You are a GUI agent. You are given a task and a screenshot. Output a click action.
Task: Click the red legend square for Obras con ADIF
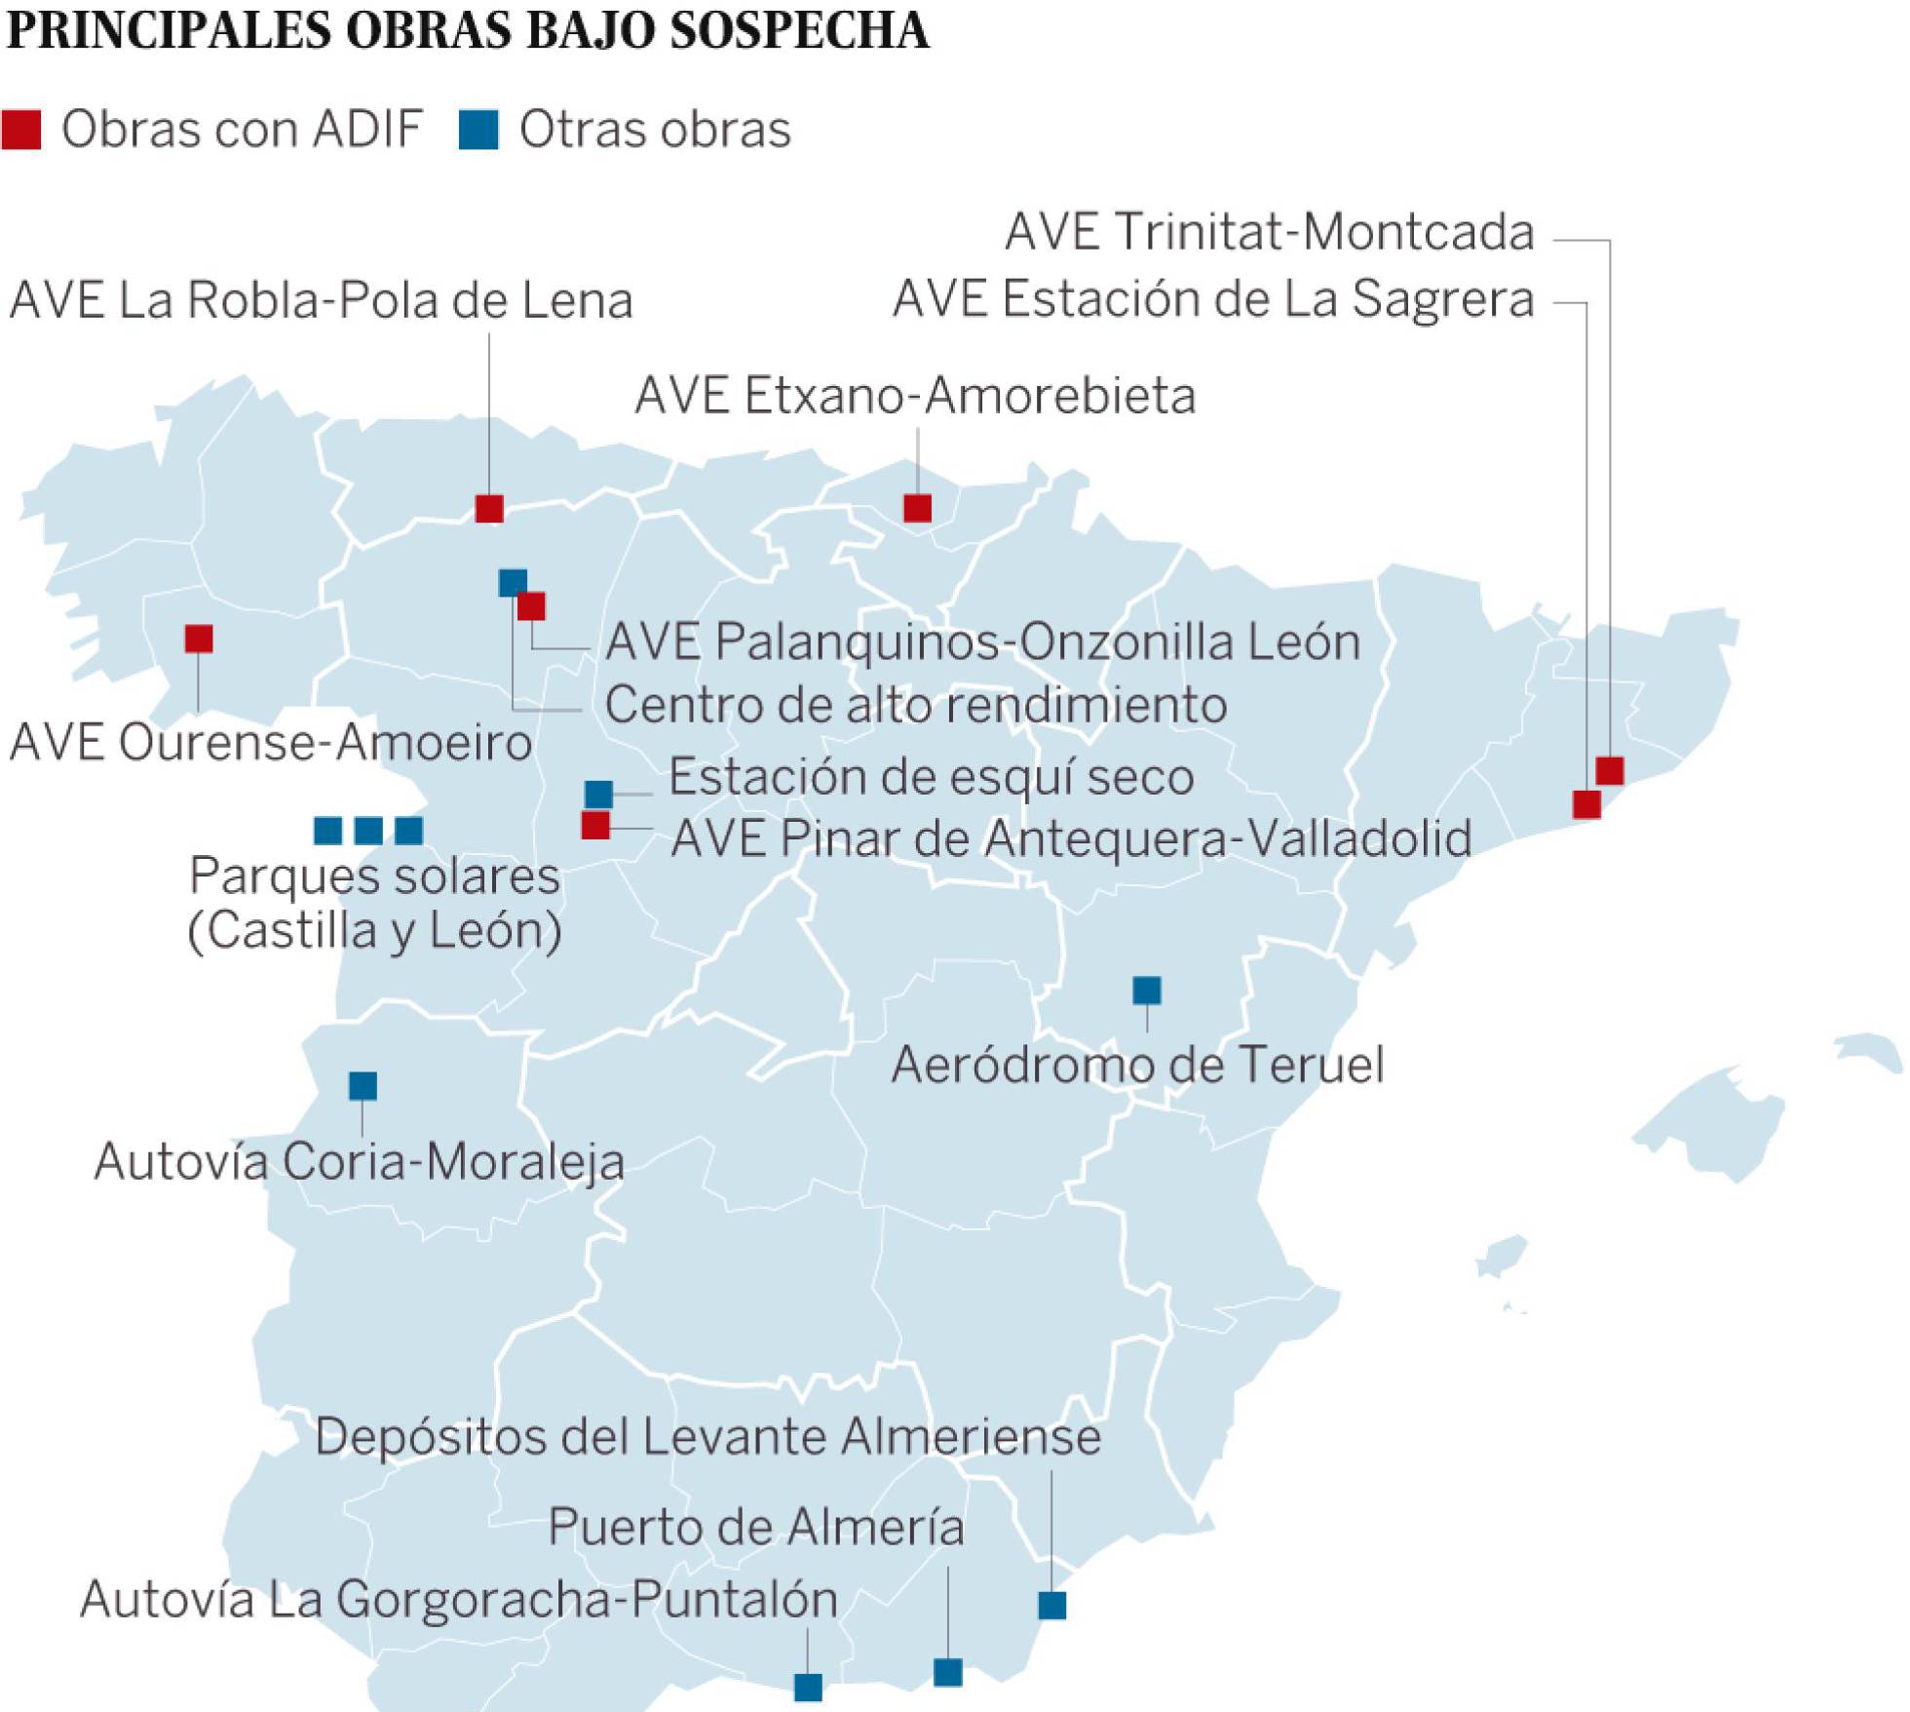pyautogui.click(x=21, y=130)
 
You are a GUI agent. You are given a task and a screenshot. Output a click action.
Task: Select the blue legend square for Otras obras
pyautogui.click(x=478, y=130)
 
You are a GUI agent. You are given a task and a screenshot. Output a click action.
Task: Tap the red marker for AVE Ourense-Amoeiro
pyautogui.click(x=199, y=639)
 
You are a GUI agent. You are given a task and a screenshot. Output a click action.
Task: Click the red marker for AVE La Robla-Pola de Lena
pyautogui.click(x=489, y=508)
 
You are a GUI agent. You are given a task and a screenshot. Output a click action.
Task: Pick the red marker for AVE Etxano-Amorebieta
pyautogui.click(x=917, y=508)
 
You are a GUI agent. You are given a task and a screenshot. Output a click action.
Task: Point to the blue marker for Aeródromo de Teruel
pyautogui.click(x=1147, y=991)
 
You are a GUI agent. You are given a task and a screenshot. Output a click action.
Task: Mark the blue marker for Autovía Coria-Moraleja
pyautogui.click(x=363, y=1085)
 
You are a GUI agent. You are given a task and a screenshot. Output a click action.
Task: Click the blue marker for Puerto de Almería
pyautogui.click(x=948, y=1672)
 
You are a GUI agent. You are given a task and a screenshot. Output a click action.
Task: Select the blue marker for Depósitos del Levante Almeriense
pyautogui.click(x=1051, y=1605)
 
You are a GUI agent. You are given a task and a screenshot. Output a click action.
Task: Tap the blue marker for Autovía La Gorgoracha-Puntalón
pyautogui.click(x=808, y=1687)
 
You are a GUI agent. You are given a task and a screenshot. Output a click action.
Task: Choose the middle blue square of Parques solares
pyautogui.click(x=368, y=831)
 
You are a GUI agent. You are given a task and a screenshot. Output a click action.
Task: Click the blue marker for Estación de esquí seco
pyautogui.click(x=598, y=794)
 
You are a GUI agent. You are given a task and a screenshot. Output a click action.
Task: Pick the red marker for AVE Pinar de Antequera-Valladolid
pyautogui.click(x=595, y=826)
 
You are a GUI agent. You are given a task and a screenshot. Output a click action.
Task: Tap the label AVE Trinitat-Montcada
pyautogui.click(x=1269, y=232)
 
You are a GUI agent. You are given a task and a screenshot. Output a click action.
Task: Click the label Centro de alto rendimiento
pyautogui.click(x=915, y=705)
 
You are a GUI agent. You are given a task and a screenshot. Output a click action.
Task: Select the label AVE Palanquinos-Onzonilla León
pyautogui.click(x=982, y=642)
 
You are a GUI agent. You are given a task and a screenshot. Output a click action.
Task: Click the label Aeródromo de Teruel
pyautogui.click(x=1137, y=1064)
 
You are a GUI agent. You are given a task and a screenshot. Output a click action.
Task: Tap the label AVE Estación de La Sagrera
pyautogui.click(x=1213, y=298)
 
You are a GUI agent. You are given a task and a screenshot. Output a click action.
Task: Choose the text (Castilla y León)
pyautogui.click(x=374, y=930)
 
